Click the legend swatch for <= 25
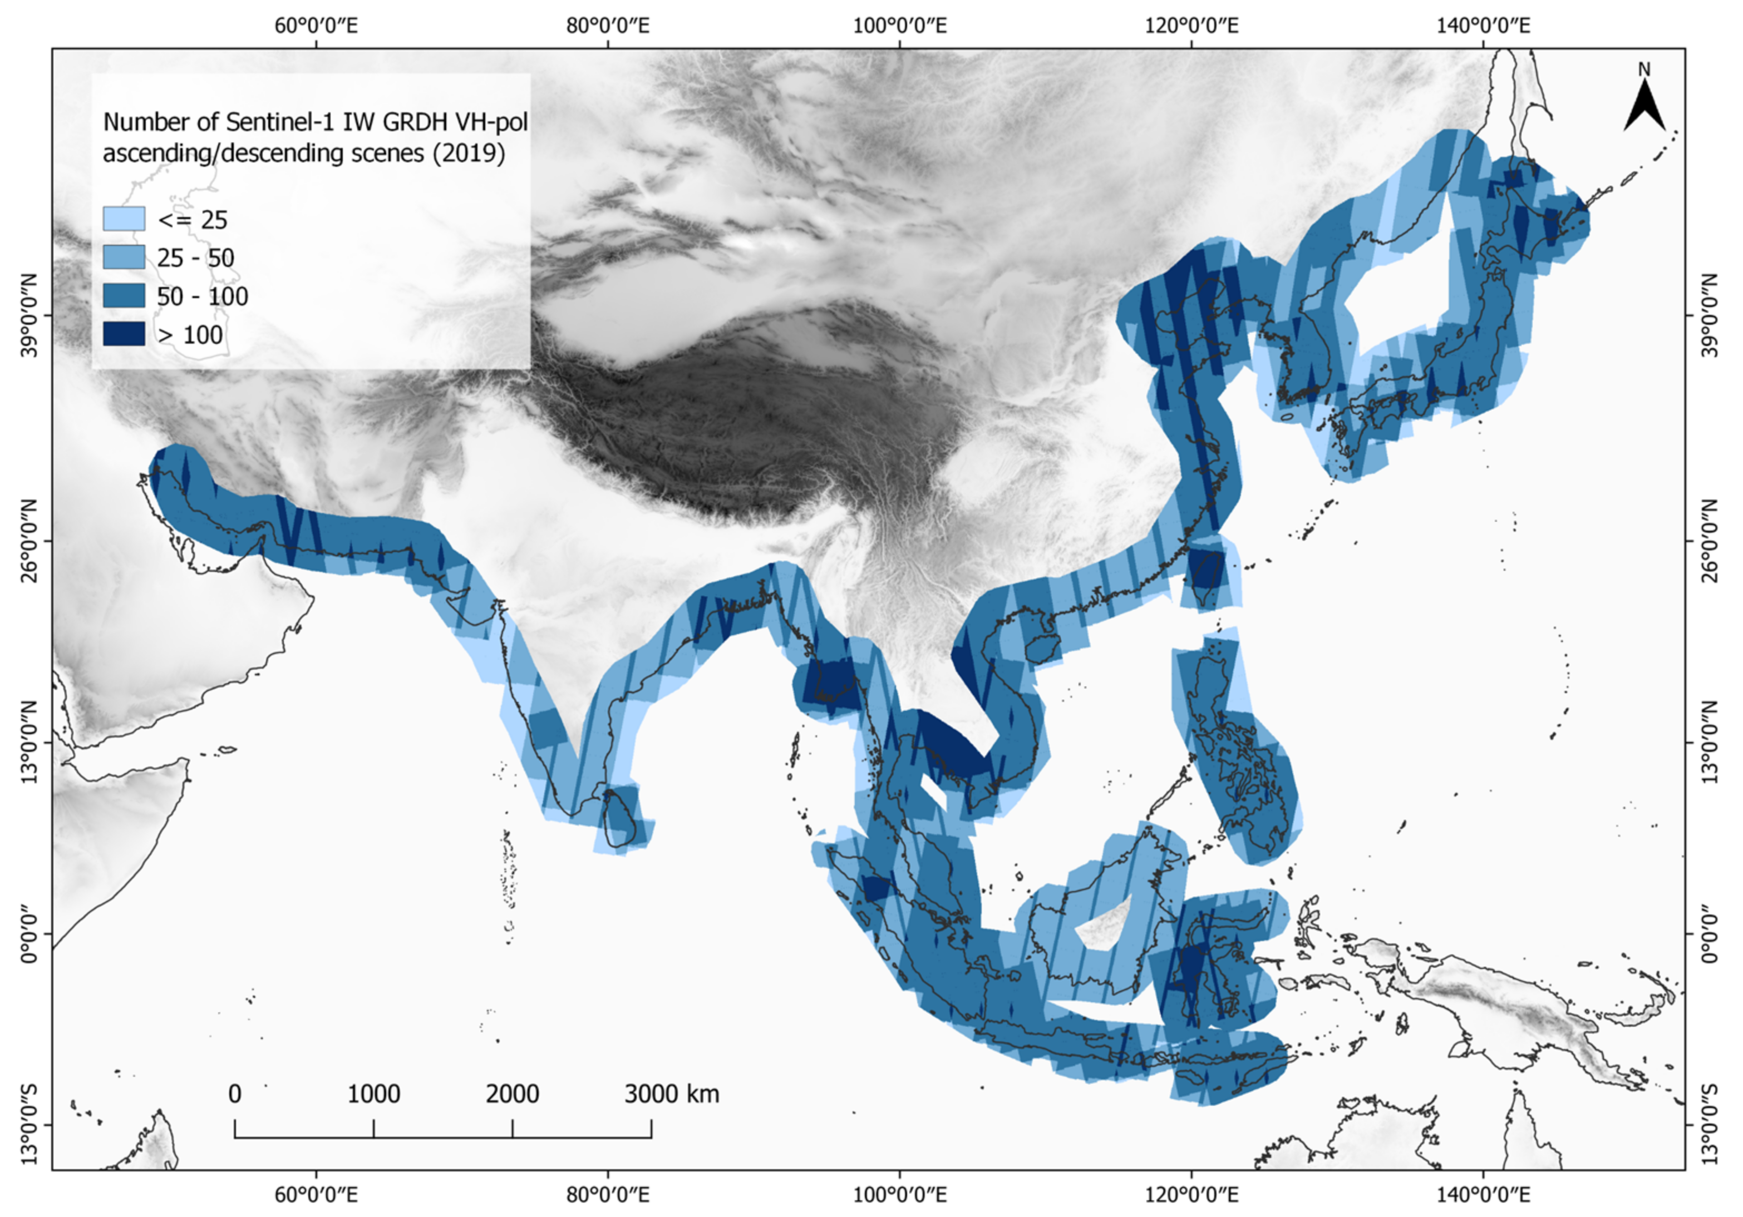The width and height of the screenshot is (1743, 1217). [x=124, y=219]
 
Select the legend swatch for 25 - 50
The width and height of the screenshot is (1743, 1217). [x=124, y=257]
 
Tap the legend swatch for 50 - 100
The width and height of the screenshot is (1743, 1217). [x=124, y=296]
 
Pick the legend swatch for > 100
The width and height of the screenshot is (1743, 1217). [x=124, y=334]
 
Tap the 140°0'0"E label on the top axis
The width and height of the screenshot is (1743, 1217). [x=1483, y=26]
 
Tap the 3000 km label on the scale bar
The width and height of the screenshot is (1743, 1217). [x=672, y=1094]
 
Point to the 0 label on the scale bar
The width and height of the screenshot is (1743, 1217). [x=235, y=1094]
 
